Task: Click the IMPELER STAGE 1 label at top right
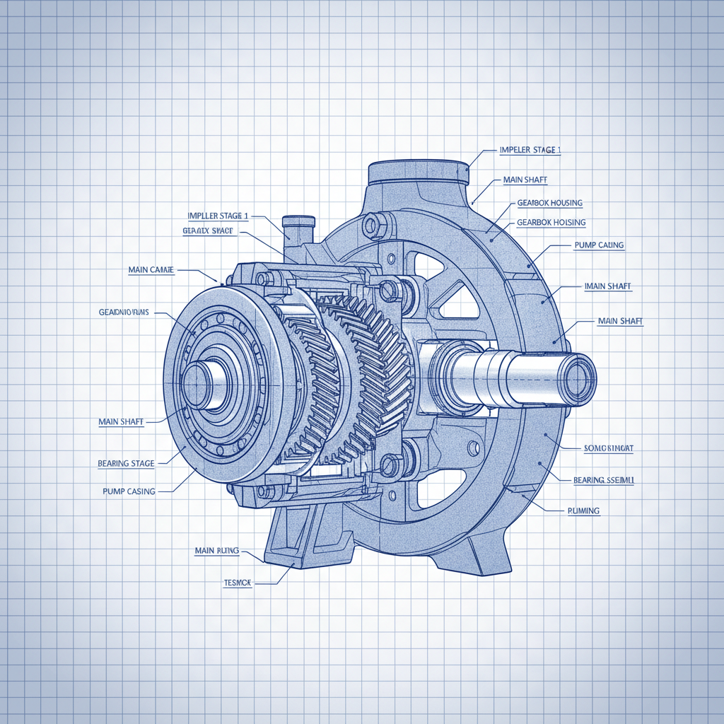pos(530,150)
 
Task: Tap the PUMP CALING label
pos(595,245)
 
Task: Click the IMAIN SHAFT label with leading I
pos(608,286)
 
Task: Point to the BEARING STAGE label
pos(126,464)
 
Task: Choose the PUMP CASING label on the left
pos(129,491)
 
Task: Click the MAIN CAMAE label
pos(151,269)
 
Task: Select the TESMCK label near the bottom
pos(238,583)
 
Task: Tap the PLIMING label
pos(583,510)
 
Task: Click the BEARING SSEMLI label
pos(604,480)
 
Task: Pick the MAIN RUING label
pos(216,549)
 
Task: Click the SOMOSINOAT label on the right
pos(608,448)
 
